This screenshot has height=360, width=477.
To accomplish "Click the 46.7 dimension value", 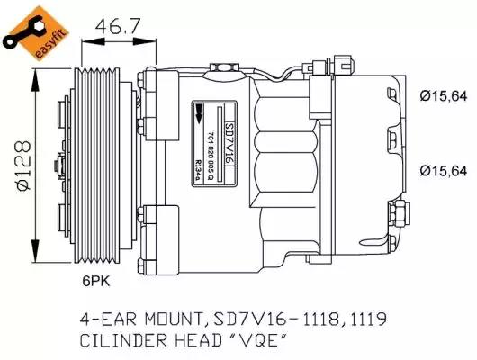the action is coord(117,26).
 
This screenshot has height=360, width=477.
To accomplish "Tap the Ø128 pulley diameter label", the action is coord(23,166).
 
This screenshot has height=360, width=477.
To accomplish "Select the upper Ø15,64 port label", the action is coord(443,96).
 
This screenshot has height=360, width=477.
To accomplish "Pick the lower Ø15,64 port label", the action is coord(443,171).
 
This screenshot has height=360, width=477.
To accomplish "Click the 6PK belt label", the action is coord(95,281).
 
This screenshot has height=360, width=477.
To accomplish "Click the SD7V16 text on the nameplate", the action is coord(229,144).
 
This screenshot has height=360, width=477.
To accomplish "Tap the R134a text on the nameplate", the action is coord(198,170).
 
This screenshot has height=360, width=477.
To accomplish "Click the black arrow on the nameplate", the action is coord(199,113).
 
